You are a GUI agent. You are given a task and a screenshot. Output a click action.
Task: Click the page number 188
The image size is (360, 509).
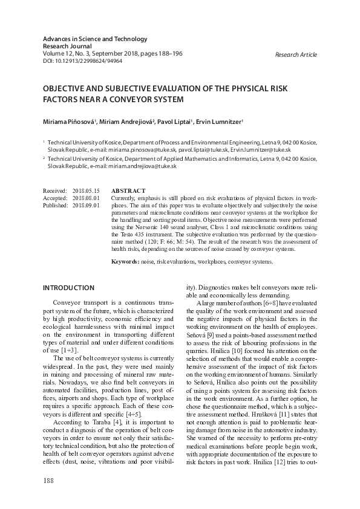click(48, 480)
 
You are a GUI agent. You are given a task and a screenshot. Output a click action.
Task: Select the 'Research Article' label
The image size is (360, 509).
click(295, 54)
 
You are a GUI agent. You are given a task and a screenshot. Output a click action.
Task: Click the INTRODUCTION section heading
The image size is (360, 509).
click(68, 288)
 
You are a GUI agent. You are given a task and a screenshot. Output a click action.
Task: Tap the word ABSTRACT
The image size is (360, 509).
click(128, 190)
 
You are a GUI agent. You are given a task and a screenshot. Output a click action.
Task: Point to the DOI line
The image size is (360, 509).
click(82, 61)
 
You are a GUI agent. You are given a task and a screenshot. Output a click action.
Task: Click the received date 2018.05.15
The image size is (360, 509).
click(85, 190)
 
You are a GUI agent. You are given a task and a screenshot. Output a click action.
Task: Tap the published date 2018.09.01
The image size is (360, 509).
click(85, 205)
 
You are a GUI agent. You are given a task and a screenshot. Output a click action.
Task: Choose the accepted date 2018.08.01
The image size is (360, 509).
click(85, 198)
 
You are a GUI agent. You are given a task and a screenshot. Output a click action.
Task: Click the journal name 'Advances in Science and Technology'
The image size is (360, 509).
click(95, 39)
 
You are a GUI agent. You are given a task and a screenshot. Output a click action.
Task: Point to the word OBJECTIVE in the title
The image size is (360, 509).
click(64, 88)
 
